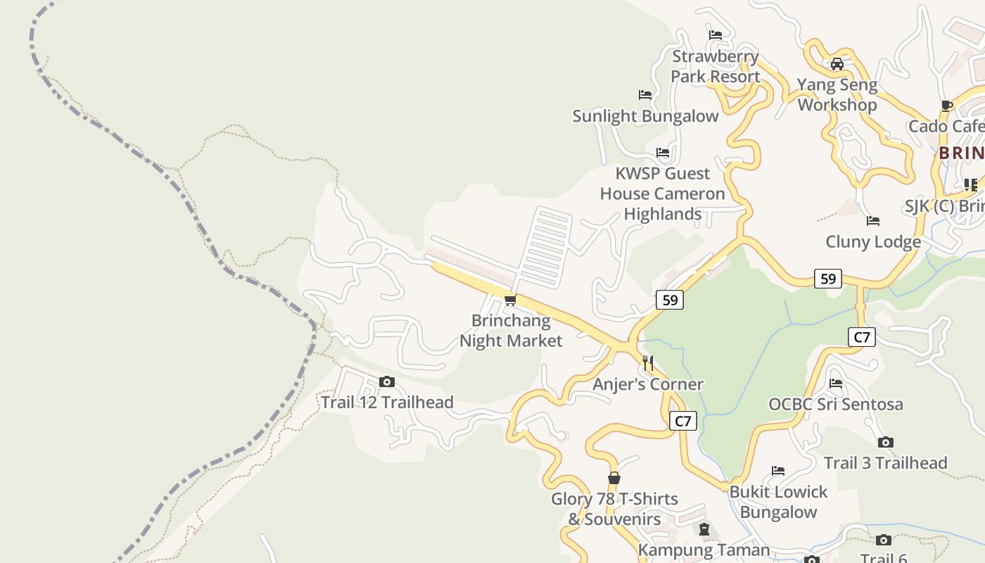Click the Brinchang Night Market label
pyautogui.click(x=511, y=331)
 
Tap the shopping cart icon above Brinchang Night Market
pyautogui.click(x=511, y=301)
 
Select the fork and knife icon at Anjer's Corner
pyautogui.click(x=648, y=363)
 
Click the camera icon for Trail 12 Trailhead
pyautogui.click(x=386, y=382)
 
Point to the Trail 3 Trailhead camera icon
pyautogui.click(x=885, y=443)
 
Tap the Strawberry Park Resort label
pyautogui.click(x=716, y=66)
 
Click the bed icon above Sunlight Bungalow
pyautogui.click(x=644, y=95)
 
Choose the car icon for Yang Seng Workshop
pyautogui.click(x=837, y=64)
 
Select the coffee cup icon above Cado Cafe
pyautogui.click(x=947, y=106)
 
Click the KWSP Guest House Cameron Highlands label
pyautogui.click(x=662, y=194)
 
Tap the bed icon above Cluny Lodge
pyautogui.click(x=873, y=221)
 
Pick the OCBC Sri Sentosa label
pyautogui.click(x=836, y=404)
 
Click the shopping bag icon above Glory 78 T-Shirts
pyautogui.click(x=614, y=479)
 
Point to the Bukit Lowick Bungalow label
pyautogui.click(x=778, y=502)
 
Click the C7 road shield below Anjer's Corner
pyautogui.click(x=682, y=422)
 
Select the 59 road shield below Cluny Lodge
pyautogui.click(x=828, y=279)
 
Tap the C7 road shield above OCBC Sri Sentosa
pyautogui.click(x=862, y=337)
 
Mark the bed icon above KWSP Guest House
pyautogui.click(x=662, y=153)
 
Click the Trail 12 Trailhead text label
pyautogui.click(x=387, y=403)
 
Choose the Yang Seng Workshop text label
pyautogui.click(x=837, y=95)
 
